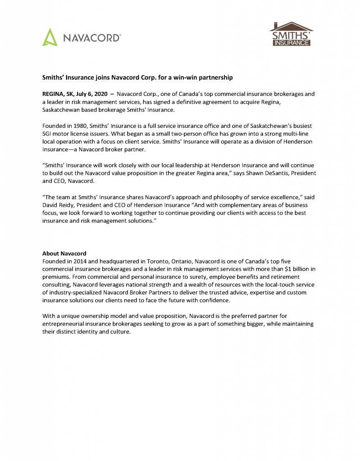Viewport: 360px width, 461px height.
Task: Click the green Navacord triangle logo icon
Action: pos(50,37)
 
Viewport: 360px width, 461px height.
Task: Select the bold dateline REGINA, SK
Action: pos(58,94)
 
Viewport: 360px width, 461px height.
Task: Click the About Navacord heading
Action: pos(64,253)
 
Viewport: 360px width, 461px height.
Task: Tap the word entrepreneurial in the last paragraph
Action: pos(67,324)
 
